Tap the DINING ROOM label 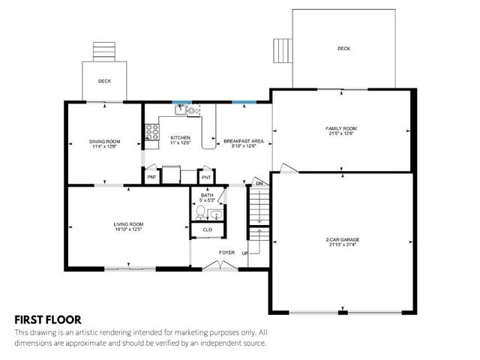pos(105,142)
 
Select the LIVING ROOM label pos(128,224)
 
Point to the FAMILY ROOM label pos(340,128)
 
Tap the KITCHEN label pos(181,138)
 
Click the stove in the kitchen pos(151,133)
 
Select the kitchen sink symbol pos(180,110)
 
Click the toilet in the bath pos(201,212)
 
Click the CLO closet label pos(208,229)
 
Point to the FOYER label pos(226,252)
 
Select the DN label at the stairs pos(259,184)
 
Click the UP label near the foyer pos(245,253)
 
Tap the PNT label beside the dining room pos(151,177)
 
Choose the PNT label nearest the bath pos(206,177)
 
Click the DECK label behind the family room pos(343,49)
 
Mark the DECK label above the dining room pos(105,81)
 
